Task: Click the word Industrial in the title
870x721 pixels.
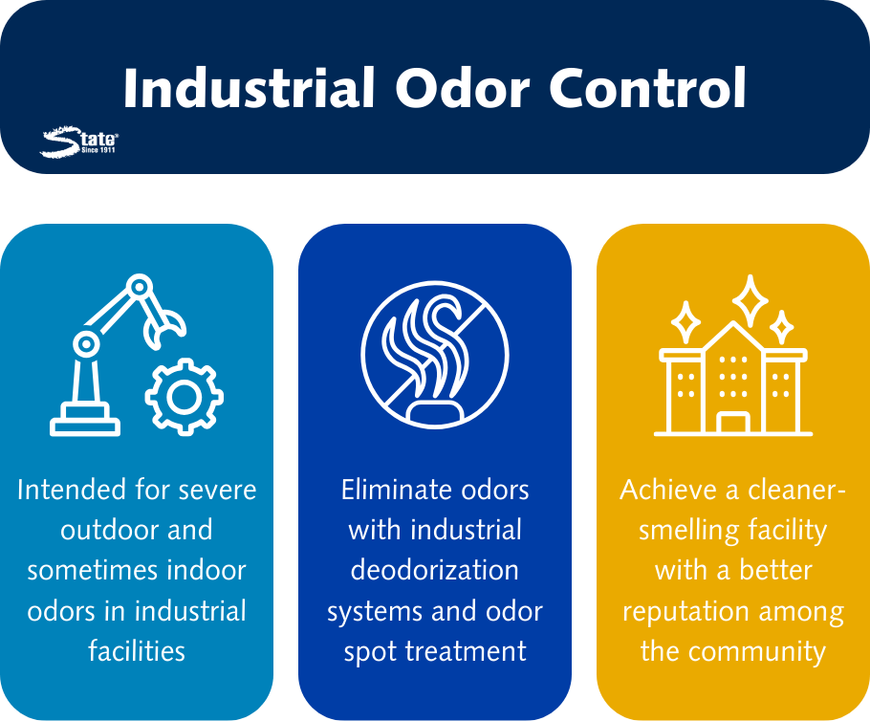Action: (250, 88)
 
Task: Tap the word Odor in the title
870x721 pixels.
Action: (463, 88)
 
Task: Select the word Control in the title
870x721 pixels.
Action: (647, 88)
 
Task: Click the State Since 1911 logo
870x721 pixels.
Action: (78, 142)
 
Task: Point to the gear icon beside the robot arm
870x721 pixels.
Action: (185, 396)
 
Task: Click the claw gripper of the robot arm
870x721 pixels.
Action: (163, 327)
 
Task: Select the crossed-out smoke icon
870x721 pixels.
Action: (435, 354)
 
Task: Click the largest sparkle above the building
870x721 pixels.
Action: (750, 300)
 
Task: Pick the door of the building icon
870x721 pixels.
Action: (732, 423)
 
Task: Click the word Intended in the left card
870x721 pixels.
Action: (71, 490)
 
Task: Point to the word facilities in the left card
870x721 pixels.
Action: (137, 651)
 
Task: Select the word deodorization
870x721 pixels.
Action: (434, 570)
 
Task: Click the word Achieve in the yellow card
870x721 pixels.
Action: (668, 490)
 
